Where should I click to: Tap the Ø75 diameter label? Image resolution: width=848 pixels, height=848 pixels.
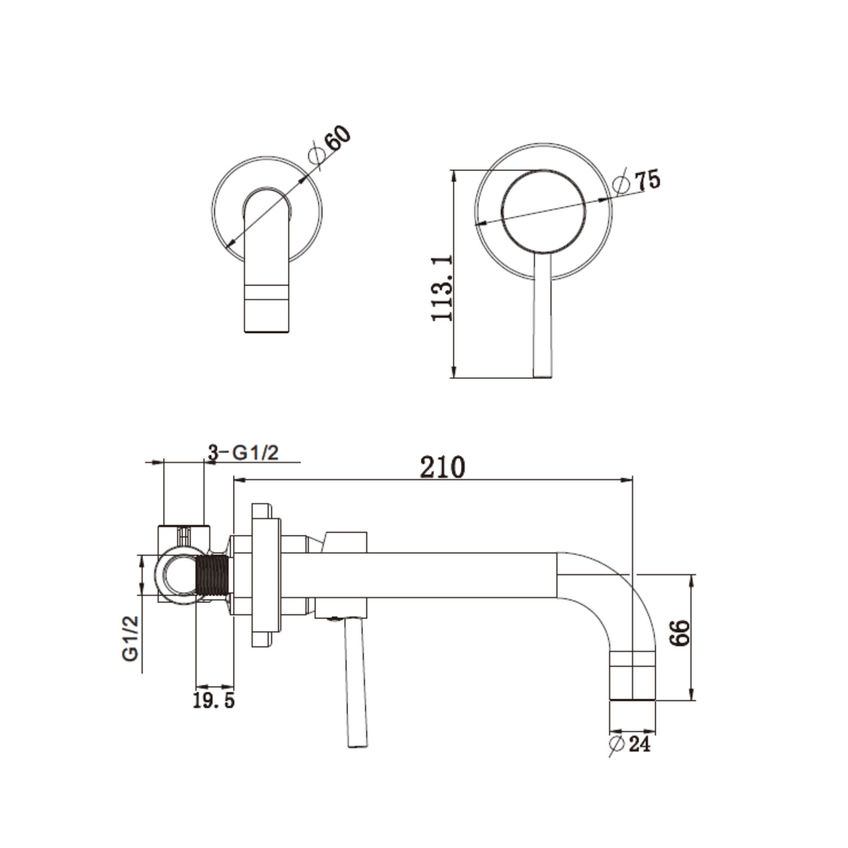(x=637, y=181)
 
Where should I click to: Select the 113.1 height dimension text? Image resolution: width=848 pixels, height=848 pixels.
(x=442, y=288)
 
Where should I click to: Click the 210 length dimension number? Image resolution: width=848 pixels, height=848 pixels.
(x=442, y=468)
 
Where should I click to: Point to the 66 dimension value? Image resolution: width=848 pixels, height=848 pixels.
(x=680, y=633)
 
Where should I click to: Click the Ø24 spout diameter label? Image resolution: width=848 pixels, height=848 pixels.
(x=630, y=744)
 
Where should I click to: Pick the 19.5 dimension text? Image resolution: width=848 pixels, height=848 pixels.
(x=214, y=701)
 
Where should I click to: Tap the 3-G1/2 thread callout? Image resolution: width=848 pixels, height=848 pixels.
(x=243, y=452)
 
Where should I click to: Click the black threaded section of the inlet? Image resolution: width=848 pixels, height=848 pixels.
(x=213, y=575)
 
